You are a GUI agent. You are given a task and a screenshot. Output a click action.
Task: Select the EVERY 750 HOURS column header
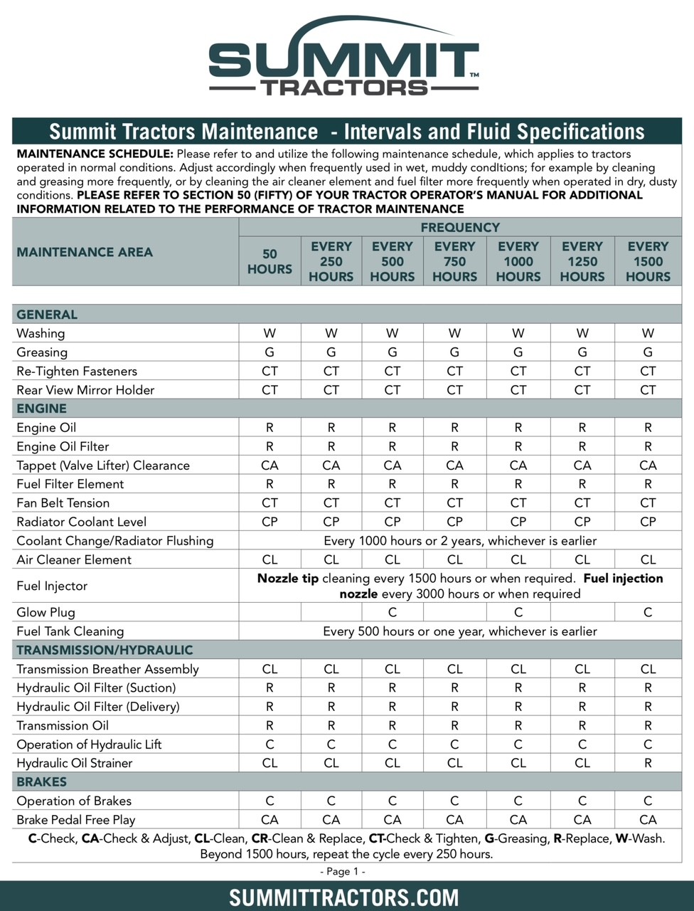tap(454, 261)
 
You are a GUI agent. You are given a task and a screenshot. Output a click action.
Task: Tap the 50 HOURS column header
tap(269, 261)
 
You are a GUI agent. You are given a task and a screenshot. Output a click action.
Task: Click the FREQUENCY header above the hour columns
tap(460, 228)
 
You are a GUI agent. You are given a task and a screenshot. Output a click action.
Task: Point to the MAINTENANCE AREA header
tap(85, 252)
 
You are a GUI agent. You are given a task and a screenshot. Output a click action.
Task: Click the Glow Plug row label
tap(46, 612)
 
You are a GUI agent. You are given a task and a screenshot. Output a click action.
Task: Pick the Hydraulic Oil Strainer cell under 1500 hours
tap(648, 763)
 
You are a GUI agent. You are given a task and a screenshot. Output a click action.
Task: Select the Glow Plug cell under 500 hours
tap(393, 612)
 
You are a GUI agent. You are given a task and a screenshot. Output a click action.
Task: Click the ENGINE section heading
tap(41, 409)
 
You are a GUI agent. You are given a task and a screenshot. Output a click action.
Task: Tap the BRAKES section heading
tap(42, 781)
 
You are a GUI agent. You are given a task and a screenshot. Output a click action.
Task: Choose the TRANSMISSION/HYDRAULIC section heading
tap(105, 650)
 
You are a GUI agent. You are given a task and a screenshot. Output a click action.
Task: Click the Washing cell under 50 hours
tap(269, 333)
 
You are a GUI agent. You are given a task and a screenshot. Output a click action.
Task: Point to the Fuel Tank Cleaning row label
tap(70, 631)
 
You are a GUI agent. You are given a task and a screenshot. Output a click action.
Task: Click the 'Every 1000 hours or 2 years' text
tap(460, 541)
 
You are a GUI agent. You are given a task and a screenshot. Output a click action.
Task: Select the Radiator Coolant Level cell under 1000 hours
tap(518, 522)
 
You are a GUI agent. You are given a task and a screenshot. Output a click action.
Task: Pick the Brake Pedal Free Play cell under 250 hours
tap(331, 820)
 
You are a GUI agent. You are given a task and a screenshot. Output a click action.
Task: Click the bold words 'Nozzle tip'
tap(288, 579)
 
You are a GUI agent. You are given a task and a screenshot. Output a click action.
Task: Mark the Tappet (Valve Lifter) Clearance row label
tap(103, 465)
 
